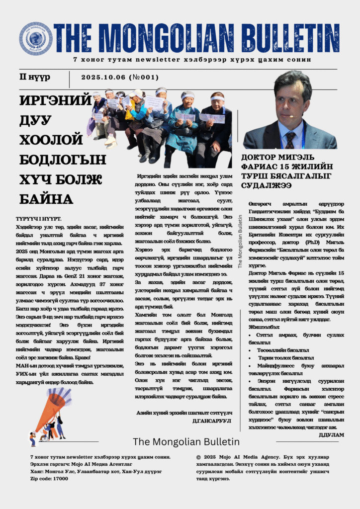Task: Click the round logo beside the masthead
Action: click(x=36, y=38)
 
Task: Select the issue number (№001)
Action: click(x=143, y=77)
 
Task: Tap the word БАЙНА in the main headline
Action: click(x=46, y=199)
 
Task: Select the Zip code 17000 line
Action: click(x=49, y=478)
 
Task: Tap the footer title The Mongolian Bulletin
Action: click(x=186, y=442)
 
